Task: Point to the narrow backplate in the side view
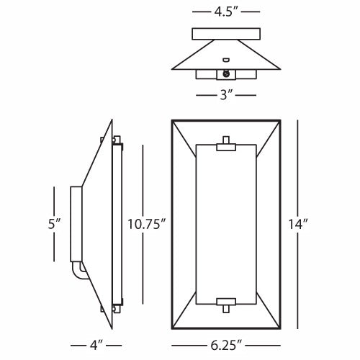74,223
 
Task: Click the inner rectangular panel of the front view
225,223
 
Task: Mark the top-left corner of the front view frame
173,120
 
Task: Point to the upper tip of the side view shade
113,121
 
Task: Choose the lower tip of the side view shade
113,327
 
